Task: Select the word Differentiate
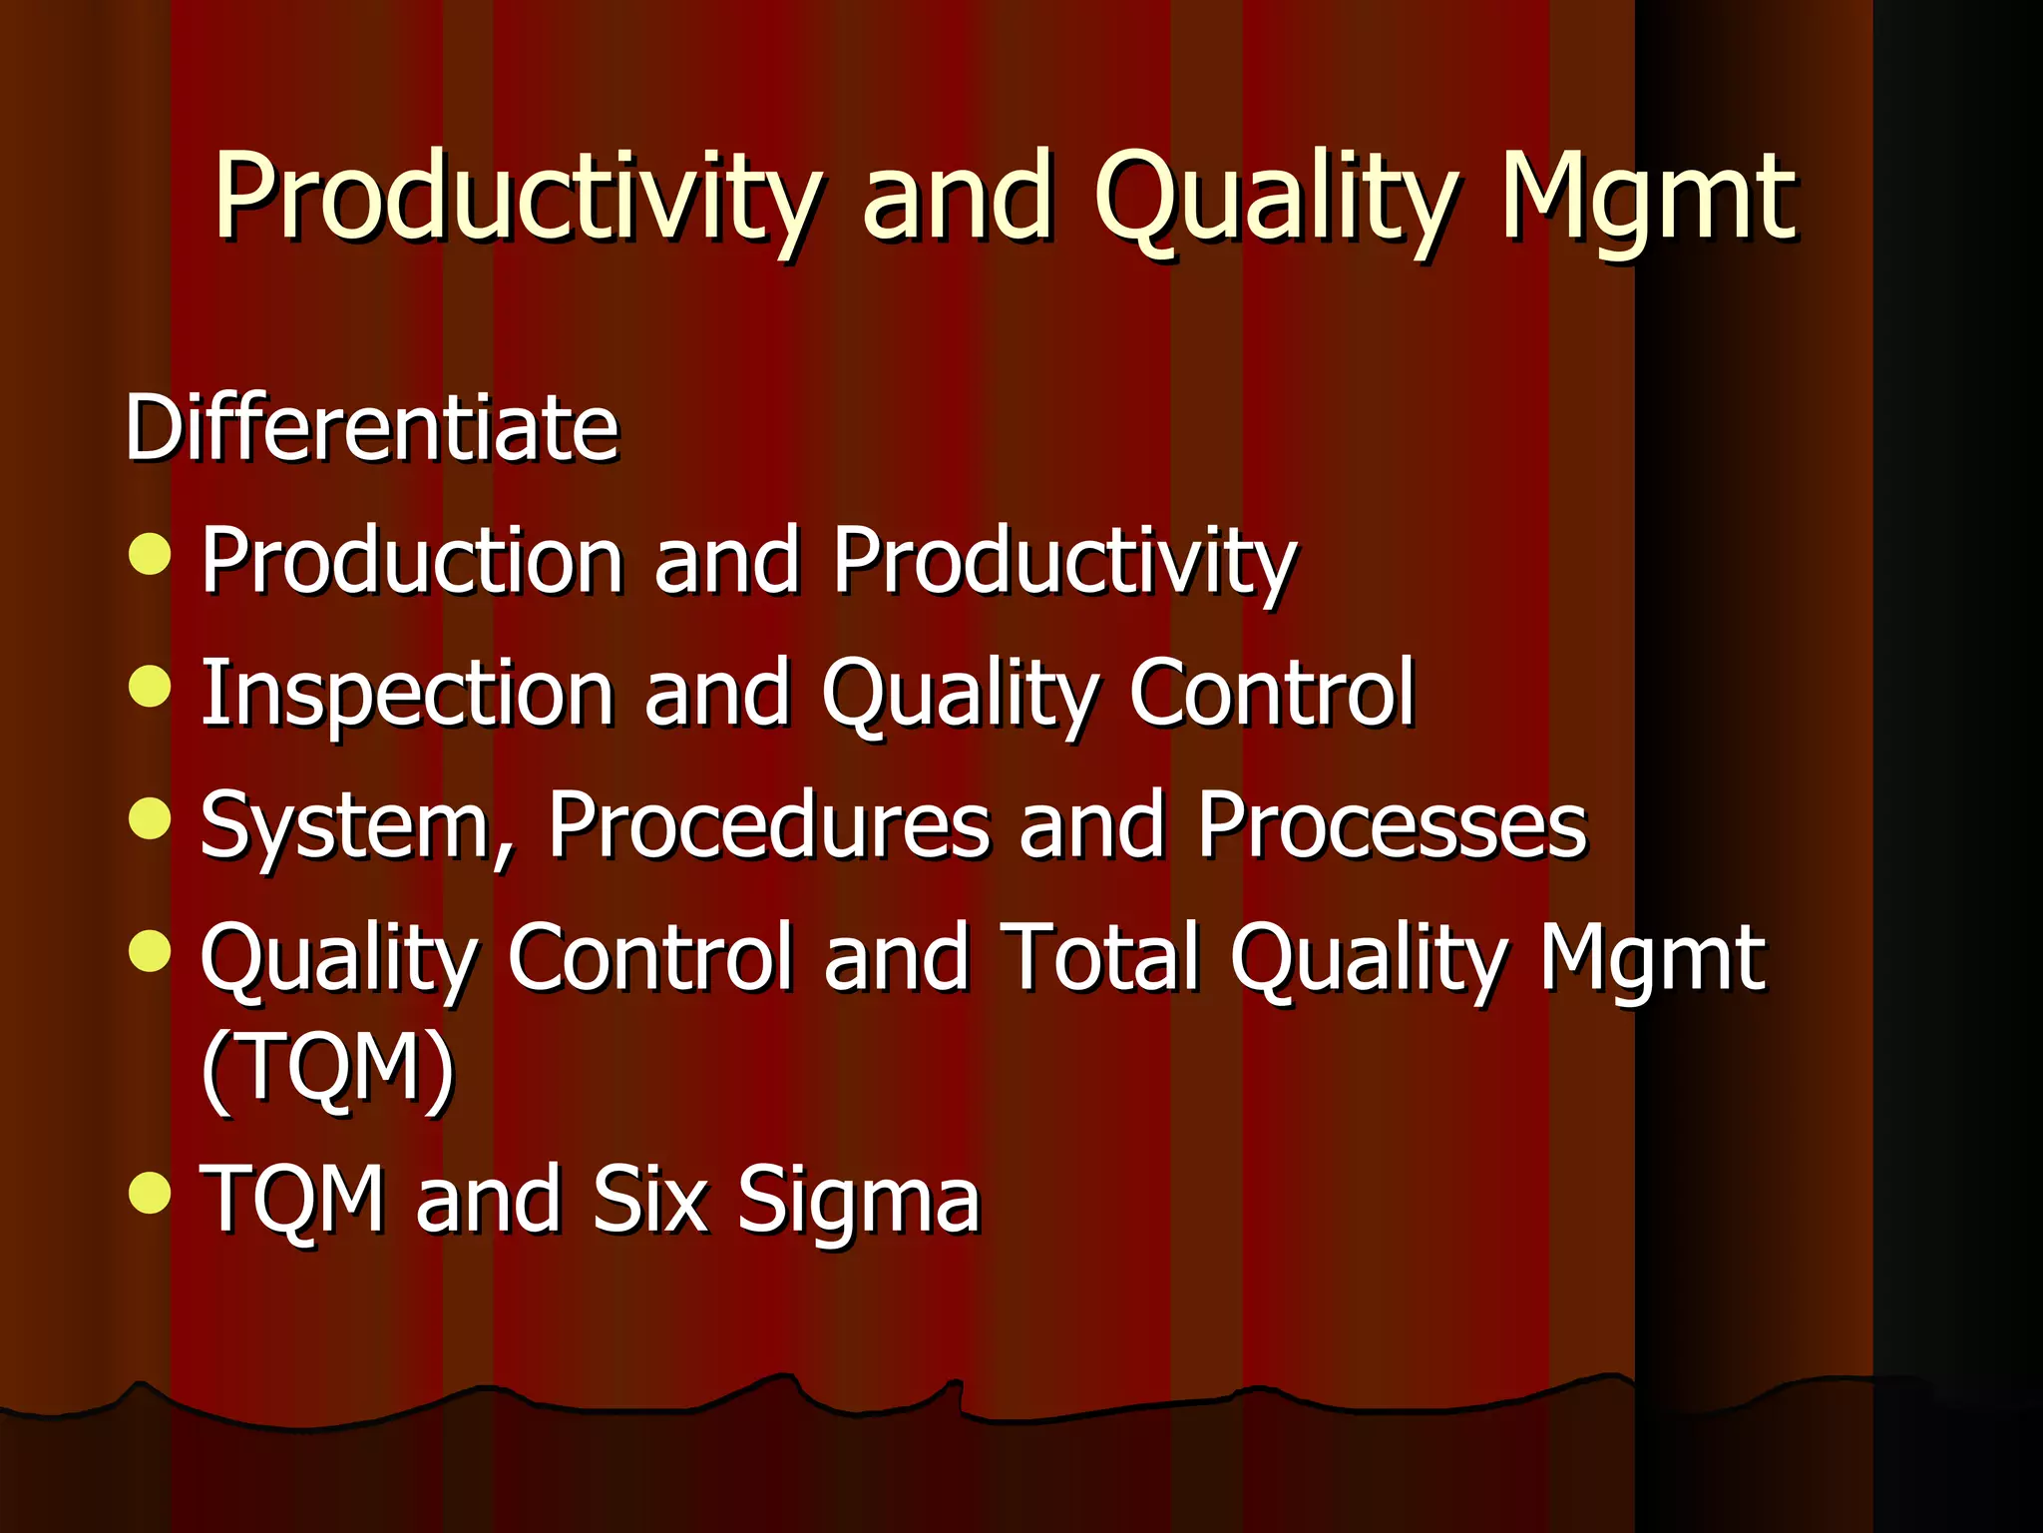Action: (372, 428)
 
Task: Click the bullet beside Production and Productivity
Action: (151, 554)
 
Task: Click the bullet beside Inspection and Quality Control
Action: (151, 686)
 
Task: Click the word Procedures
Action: (769, 826)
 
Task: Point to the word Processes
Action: (1392, 826)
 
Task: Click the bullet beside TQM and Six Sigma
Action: (151, 1192)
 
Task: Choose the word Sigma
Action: (859, 1200)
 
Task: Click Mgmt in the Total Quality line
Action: (1652, 960)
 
